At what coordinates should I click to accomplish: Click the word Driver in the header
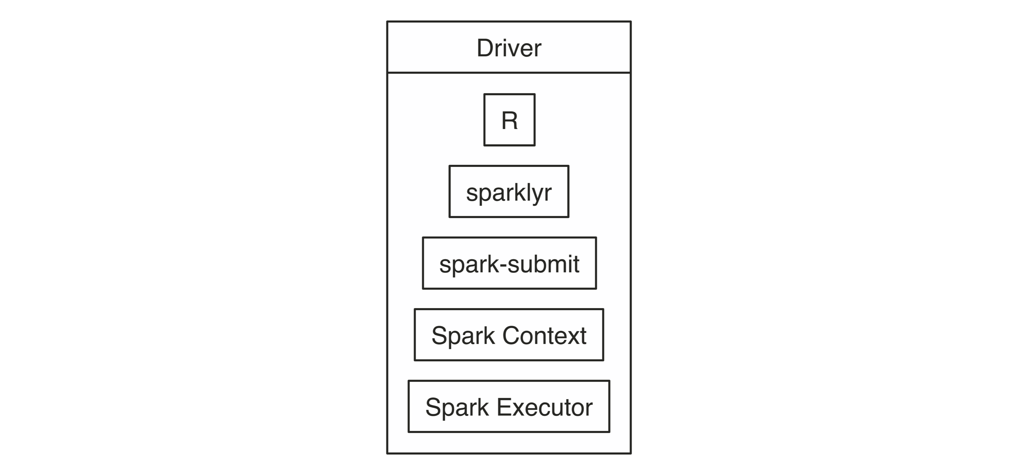click(509, 48)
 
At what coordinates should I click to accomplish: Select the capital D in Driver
click(485, 48)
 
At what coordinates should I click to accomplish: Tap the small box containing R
click(509, 120)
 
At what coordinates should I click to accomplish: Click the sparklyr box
click(509, 192)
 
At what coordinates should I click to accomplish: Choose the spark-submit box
click(509, 263)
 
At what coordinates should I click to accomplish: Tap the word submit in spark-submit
click(544, 264)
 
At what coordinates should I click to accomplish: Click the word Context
click(545, 336)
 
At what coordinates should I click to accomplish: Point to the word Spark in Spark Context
click(463, 337)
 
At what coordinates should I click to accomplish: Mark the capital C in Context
click(511, 336)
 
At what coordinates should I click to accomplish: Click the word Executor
click(545, 407)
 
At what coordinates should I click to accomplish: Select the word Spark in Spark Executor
click(457, 408)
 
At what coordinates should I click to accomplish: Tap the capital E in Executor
click(505, 407)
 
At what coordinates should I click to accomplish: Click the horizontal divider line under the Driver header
click(509, 73)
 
